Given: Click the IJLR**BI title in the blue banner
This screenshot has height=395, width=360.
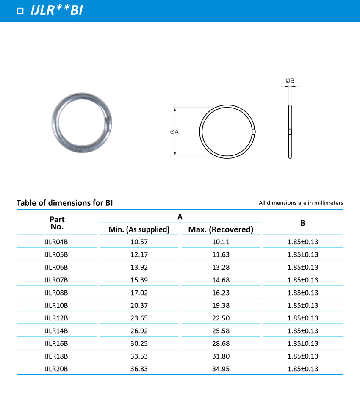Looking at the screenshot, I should (57, 11).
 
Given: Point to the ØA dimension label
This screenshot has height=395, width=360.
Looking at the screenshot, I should (174, 132).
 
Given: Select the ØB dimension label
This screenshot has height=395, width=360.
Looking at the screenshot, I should (290, 80).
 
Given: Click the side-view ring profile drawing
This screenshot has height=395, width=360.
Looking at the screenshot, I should (290, 132).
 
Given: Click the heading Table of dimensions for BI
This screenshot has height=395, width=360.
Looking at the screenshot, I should (64, 203).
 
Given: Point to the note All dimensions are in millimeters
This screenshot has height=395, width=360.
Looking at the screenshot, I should (301, 203).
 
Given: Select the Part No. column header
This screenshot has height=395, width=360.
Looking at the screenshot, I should (57, 223).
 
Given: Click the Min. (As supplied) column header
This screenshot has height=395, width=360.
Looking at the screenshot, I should (139, 229).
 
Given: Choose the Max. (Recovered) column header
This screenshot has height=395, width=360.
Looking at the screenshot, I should (221, 229).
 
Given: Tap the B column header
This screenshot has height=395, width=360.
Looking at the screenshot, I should (302, 223).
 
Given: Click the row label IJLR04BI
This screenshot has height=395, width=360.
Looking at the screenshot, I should (57, 242).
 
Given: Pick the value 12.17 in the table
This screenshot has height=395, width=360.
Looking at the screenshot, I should (139, 254).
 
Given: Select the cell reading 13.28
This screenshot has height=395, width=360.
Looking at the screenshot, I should (221, 267).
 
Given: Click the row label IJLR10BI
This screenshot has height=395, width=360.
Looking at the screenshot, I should (57, 305).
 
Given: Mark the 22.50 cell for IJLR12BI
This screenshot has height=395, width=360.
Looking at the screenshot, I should (221, 318).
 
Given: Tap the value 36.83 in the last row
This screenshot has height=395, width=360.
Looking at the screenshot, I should (139, 369).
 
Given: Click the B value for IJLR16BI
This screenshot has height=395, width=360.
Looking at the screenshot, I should (302, 343).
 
